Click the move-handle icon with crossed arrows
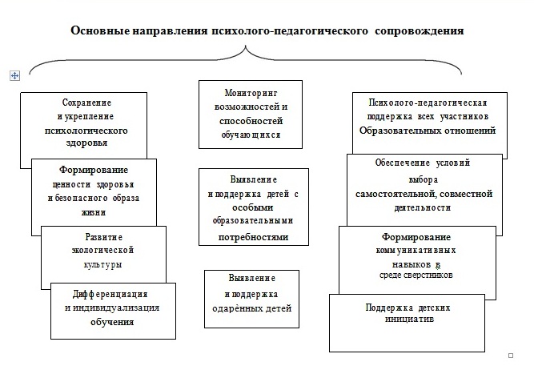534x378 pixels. (x=14, y=75)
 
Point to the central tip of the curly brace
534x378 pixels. (x=246, y=46)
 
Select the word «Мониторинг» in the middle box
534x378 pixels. (x=251, y=93)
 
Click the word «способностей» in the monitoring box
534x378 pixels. (x=251, y=121)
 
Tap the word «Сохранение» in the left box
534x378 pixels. (x=86, y=103)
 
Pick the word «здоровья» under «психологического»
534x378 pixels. (x=86, y=143)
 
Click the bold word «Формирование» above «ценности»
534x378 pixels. (x=94, y=170)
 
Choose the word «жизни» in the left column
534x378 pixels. (x=94, y=212)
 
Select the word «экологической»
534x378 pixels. (x=102, y=251)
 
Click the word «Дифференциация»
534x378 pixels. (x=110, y=294)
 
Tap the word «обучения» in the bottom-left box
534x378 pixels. (x=112, y=322)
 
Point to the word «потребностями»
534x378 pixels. (x=253, y=237)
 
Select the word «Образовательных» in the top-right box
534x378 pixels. (x=395, y=131)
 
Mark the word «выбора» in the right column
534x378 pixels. (x=424, y=179)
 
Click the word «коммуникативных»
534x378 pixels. (x=416, y=251)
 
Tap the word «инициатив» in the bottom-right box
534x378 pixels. (x=409, y=319)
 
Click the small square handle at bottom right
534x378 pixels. (x=511, y=356)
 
